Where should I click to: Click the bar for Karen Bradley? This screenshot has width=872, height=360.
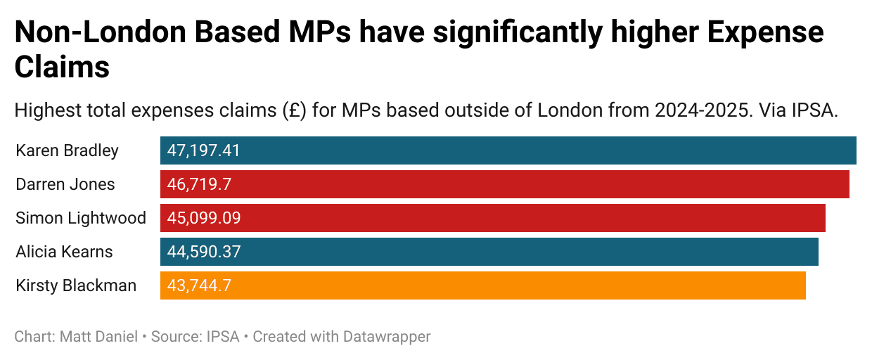click(x=508, y=150)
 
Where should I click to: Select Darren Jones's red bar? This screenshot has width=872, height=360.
click(x=504, y=184)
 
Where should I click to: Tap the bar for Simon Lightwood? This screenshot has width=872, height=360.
click(x=493, y=218)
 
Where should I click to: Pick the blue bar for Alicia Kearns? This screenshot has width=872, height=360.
click(x=489, y=252)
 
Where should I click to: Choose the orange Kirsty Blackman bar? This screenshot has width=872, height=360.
click(x=483, y=285)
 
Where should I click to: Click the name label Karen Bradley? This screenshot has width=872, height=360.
click(x=67, y=150)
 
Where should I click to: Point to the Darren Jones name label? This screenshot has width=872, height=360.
click(x=65, y=184)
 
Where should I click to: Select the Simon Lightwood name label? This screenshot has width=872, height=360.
click(x=81, y=219)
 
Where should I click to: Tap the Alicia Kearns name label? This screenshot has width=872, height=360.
click(x=64, y=252)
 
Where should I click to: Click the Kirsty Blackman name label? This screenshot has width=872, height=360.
click(x=76, y=285)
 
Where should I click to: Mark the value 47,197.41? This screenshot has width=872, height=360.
click(x=204, y=150)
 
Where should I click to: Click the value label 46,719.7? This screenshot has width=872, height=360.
click(x=199, y=184)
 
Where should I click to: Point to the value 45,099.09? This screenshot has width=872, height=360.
click(x=204, y=219)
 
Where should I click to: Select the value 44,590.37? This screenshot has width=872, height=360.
click(x=204, y=252)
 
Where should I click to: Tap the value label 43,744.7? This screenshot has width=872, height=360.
click(x=199, y=286)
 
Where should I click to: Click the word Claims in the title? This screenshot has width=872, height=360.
click(x=63, y=67)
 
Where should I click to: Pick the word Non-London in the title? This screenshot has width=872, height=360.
click(x=101, y=32)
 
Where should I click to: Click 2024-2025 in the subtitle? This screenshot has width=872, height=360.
click(x=702, y=110)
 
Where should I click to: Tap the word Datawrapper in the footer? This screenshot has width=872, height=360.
click(x=387, y=337)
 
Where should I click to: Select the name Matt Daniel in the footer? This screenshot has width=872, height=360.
click(x=98, y=337)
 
